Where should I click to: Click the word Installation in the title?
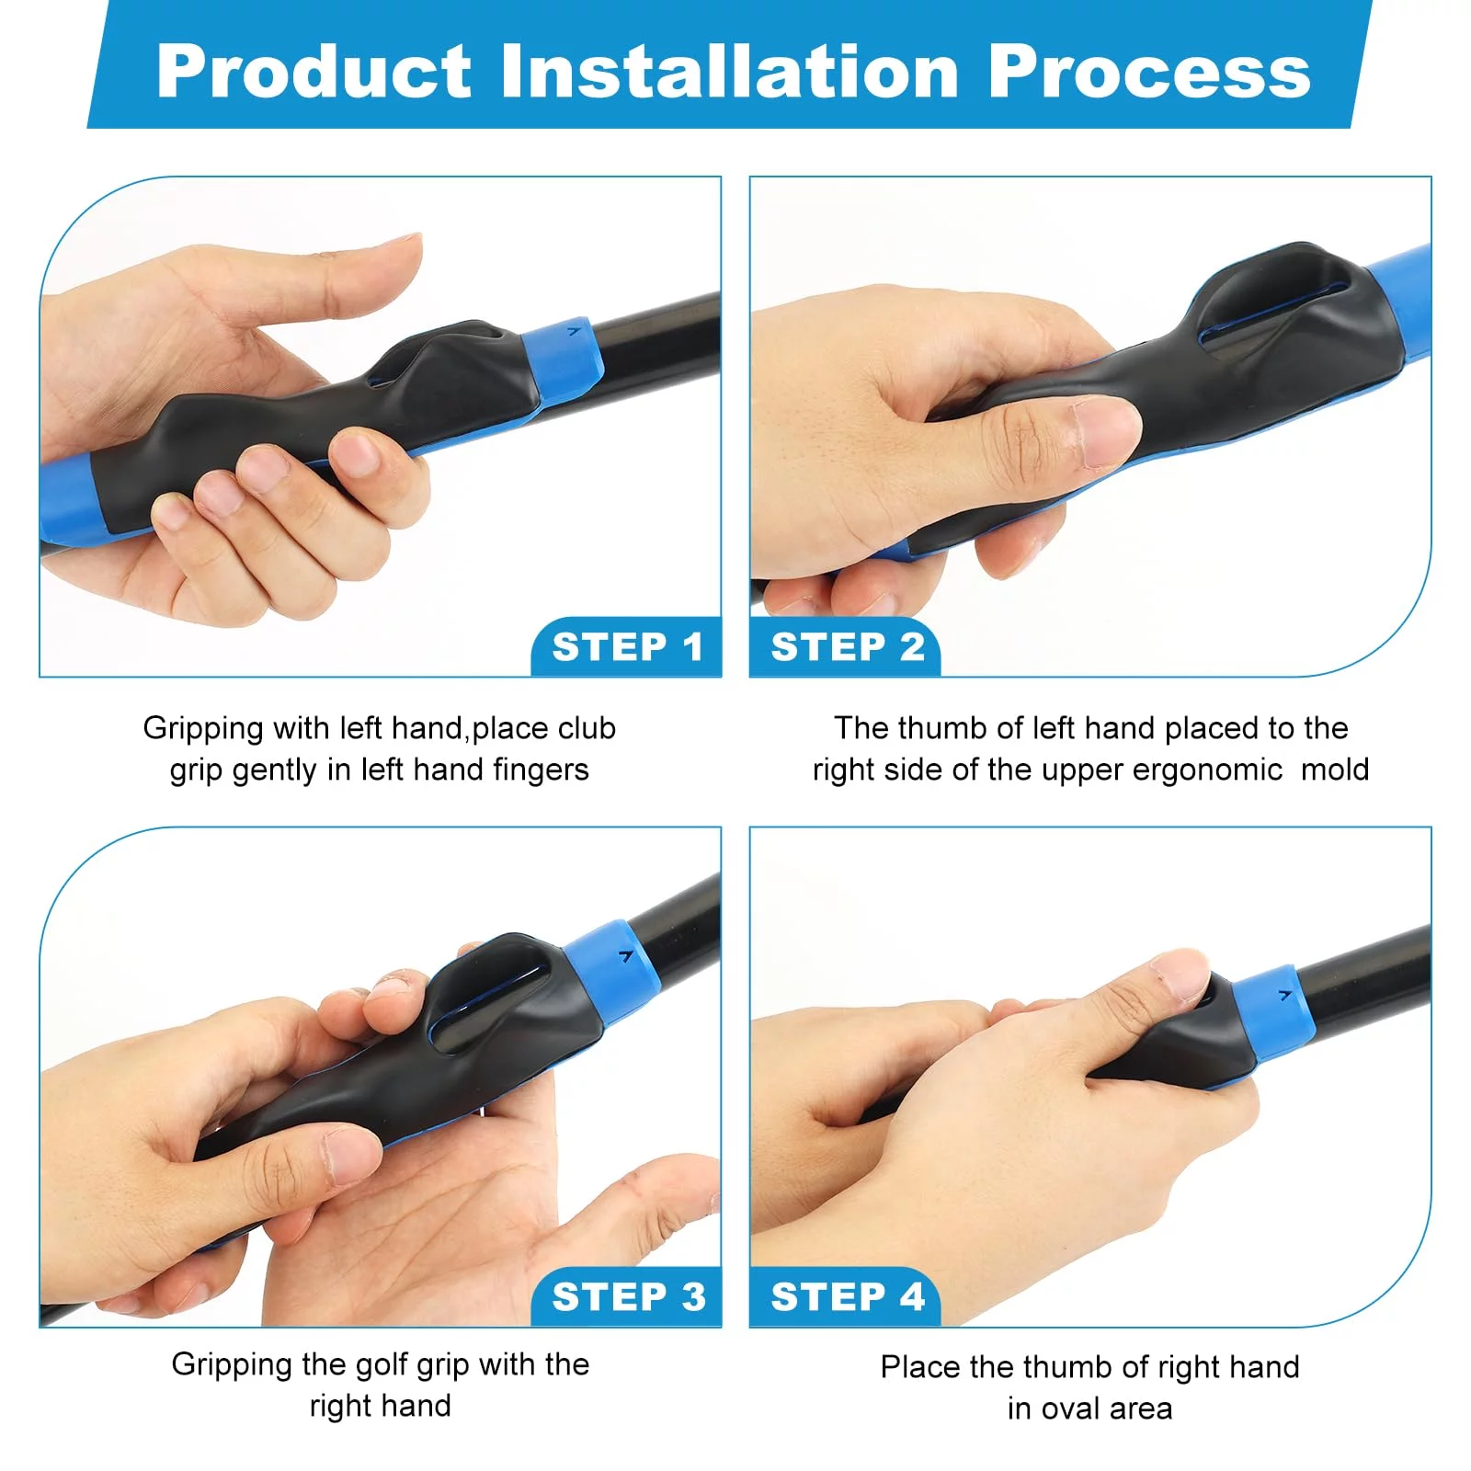[x=730, y=72]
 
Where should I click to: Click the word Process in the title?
[x=1149, y=72]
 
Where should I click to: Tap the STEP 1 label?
[x=628, y=647]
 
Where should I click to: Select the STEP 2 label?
[x=848, y=647]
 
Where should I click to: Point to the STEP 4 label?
[x=848, y=1297]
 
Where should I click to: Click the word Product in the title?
[x=314, y=72]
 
